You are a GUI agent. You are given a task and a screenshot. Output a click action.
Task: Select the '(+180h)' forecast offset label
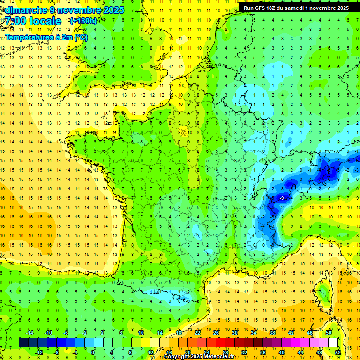click(83, 21)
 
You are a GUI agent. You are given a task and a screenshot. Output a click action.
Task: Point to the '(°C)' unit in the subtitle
click(79, 37)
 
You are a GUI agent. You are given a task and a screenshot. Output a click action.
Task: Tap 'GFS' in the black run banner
click(263, 7)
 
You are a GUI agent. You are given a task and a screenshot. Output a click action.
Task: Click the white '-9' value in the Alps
click(281, 198)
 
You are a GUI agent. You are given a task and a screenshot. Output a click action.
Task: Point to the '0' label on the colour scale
click(93, 352)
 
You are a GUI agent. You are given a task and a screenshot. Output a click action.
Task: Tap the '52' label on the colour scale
click(338, 352)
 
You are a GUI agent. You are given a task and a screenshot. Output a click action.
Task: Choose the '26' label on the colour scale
click(216, 333)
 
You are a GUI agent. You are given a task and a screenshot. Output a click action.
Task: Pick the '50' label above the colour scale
click(329, 333)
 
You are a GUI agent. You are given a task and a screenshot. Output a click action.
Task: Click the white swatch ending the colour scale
click(333, 342)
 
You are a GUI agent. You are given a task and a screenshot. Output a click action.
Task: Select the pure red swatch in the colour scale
click(221, 342)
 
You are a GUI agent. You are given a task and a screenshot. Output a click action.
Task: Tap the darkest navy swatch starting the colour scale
click(23, 342)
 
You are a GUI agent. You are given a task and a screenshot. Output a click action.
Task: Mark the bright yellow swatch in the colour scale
click(146, 342)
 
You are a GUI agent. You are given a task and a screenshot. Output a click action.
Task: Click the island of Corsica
click(323, 293)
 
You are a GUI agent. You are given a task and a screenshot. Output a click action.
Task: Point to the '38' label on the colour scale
click(272, 333)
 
